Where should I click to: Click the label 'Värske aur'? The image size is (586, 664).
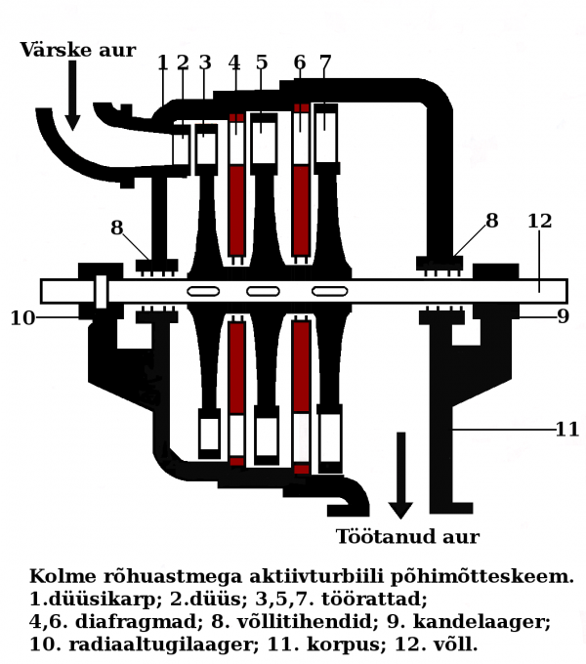(77, 51)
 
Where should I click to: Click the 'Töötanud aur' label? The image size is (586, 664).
(407, 537)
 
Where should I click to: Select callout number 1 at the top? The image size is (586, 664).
(162, 63)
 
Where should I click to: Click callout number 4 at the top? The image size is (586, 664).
(234, 63)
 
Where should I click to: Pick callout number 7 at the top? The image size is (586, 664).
(325, 63)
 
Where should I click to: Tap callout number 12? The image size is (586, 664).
(539, 222)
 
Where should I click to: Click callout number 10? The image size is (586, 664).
(21, 318)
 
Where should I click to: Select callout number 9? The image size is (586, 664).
(563, 317)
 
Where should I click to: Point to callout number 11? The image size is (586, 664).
(567, 430)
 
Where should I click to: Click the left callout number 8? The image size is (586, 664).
(117, 228)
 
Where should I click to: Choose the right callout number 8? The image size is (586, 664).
(492, 222)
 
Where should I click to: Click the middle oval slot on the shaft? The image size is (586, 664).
(263, 291)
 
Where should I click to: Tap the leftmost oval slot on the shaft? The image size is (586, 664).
(203, 291)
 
